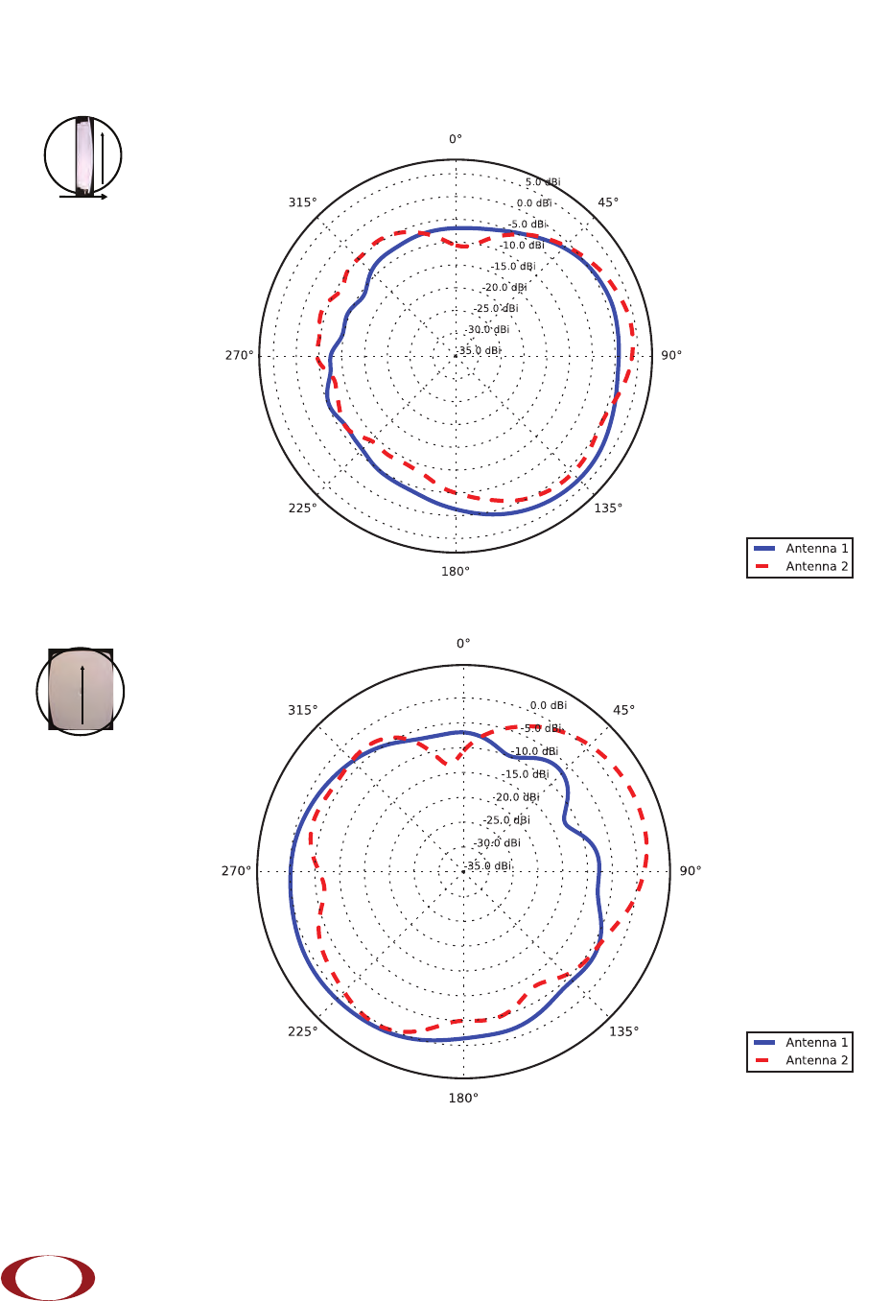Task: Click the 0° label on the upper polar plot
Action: pos(455,139)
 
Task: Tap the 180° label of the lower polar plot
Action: pos(463,1098)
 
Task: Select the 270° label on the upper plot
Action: pos(239,355)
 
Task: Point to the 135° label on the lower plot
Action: pos(623,1031)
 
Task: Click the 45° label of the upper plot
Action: pos(608,202)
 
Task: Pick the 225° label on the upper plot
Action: pos(302,509)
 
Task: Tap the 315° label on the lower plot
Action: pos(302,710)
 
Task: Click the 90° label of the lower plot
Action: pos(691,870)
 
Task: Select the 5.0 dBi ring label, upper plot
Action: pos(543,181)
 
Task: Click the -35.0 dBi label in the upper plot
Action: pos(480,350)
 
